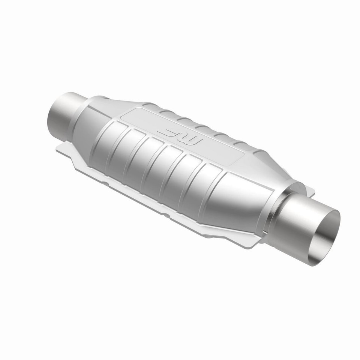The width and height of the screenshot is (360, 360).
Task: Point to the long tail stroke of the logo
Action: click(169, 133)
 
